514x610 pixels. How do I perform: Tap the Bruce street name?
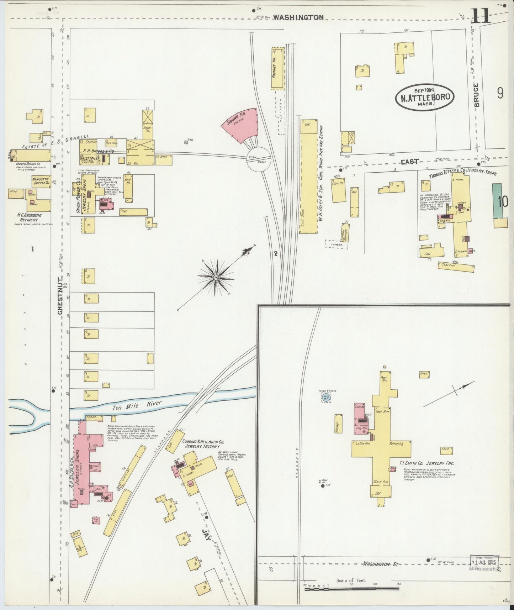[477, 95]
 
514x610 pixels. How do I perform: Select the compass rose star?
[216, 277]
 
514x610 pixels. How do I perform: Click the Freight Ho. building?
[278, 68]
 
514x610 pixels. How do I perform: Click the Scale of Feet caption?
[351, 580]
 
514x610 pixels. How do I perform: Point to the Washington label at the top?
[298, 17]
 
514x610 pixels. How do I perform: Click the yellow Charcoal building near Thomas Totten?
[456, 267]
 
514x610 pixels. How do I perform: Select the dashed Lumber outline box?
[336, 244]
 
